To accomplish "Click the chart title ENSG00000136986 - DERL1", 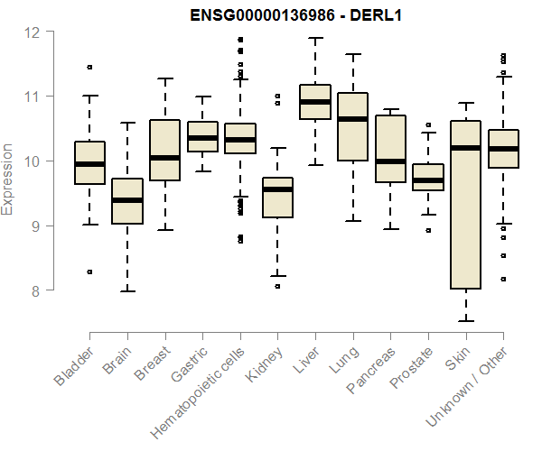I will point(289,14).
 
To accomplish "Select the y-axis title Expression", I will point(8,179).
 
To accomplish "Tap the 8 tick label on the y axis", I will point(34,290).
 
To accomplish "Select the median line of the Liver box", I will point(314,102).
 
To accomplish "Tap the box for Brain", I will point(126,200).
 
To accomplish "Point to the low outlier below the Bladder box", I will point(89,272).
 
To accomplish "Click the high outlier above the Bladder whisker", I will point(89,67).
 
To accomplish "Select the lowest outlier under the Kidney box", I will point(277,286).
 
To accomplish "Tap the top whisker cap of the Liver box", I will point(314,38).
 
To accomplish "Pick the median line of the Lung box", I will point(352,119).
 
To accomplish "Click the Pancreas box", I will point(390,149).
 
